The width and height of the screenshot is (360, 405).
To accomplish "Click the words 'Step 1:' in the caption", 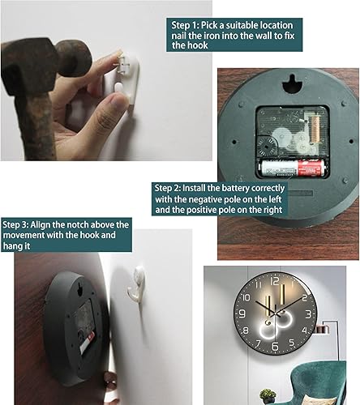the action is coord(185,25).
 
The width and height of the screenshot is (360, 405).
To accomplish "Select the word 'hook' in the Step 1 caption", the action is coord(198,45).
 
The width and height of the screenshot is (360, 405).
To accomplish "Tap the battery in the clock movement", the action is coord(292,168).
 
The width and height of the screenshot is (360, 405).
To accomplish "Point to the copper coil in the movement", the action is coord(315,130).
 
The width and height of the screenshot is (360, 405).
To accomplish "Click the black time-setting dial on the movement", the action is coord(267,146).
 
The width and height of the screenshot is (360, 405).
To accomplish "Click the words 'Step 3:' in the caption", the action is coord(15,224).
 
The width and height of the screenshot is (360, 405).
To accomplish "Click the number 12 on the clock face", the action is coord(274,281).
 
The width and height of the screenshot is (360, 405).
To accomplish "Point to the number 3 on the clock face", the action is coord(308,314).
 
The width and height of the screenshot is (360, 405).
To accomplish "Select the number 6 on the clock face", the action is coord(275,346).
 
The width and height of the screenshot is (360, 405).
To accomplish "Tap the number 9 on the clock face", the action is coord(242,313).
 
